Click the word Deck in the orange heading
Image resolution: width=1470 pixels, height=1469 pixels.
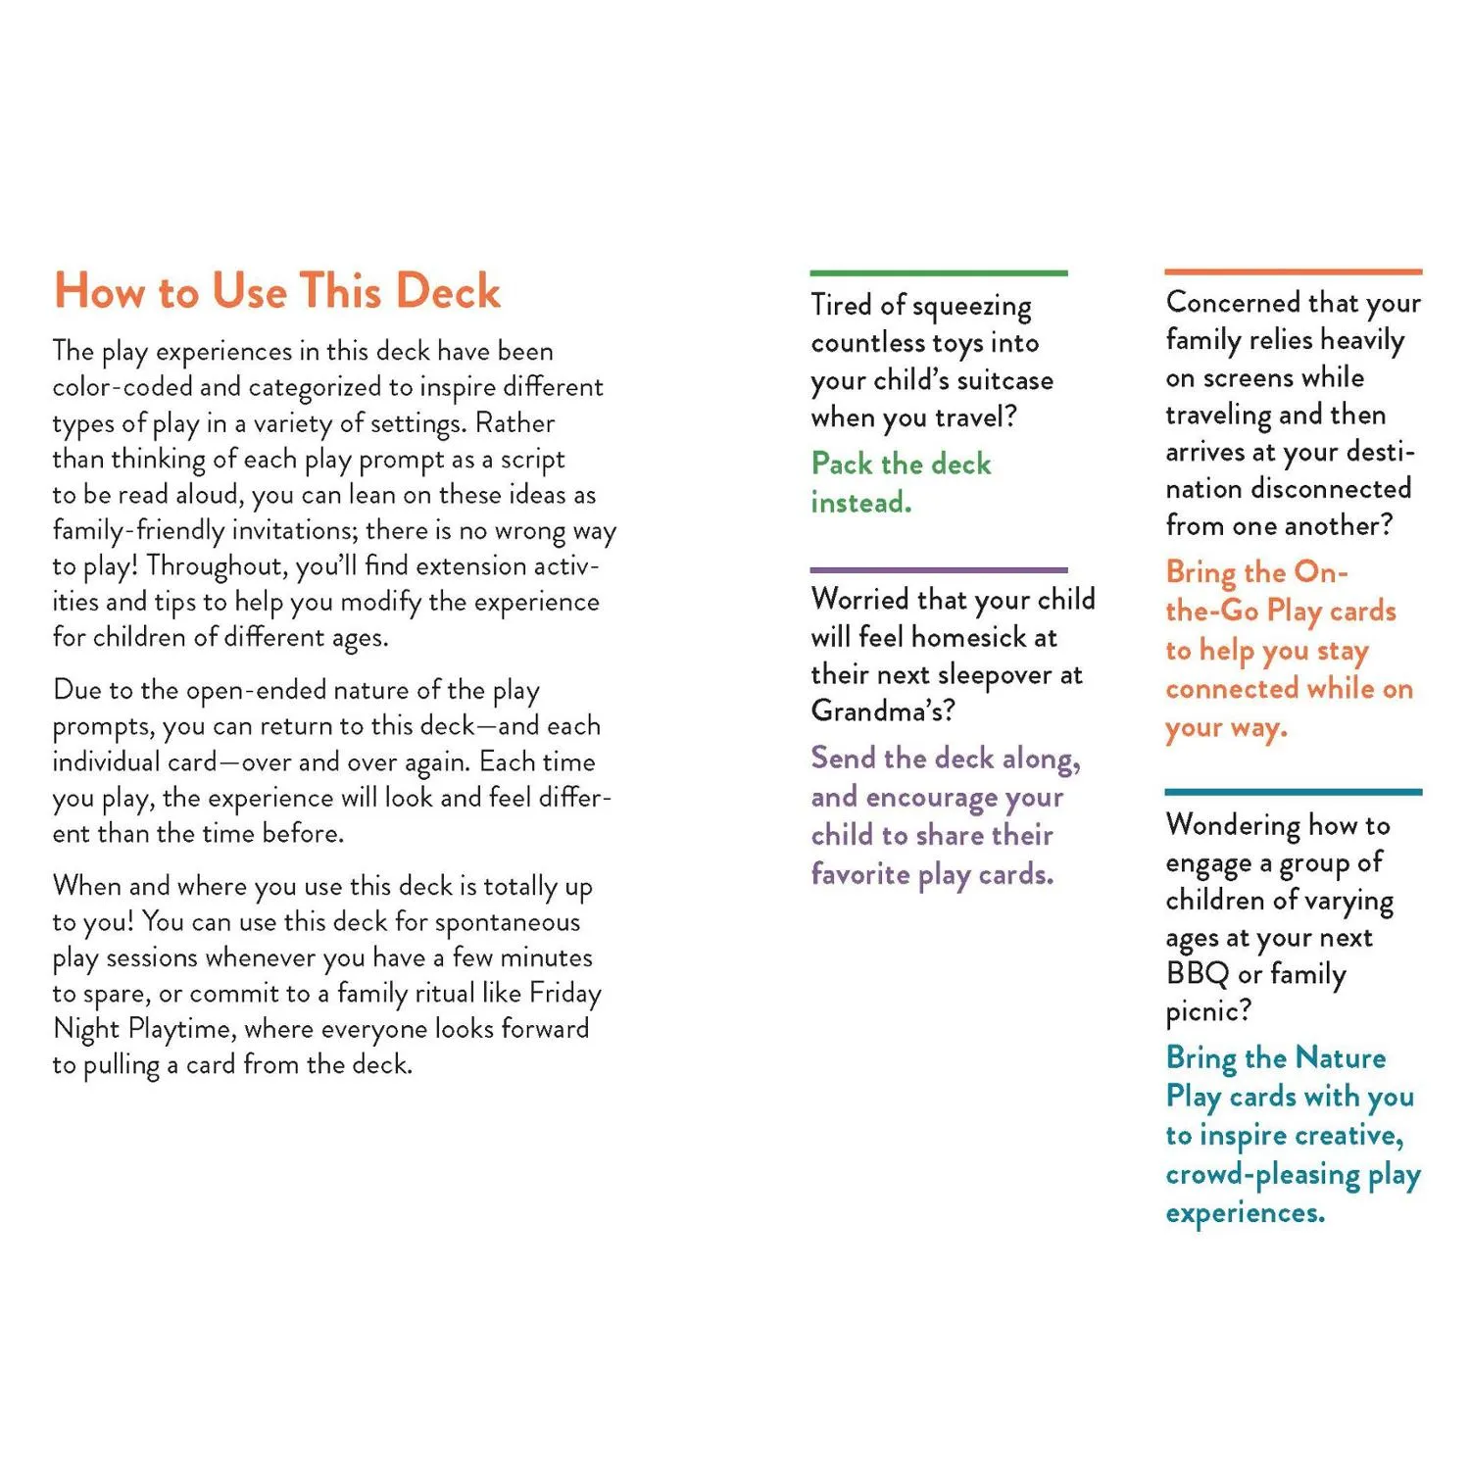coord(448,291)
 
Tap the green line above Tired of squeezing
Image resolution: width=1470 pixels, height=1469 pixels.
coord(938,272)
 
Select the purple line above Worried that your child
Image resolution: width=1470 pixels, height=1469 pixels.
coord(938,569)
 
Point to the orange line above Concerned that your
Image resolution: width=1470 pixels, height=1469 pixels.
coord(1293,271)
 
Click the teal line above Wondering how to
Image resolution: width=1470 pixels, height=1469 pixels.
coord(1293,791)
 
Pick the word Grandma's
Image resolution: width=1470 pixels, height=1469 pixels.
coord(882,710)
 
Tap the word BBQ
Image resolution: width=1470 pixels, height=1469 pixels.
coord(1197,974)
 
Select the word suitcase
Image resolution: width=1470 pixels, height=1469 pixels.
coord(1004,380)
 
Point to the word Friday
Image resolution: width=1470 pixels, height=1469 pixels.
coord(564,993)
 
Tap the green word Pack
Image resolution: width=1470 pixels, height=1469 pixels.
coord(841,464)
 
